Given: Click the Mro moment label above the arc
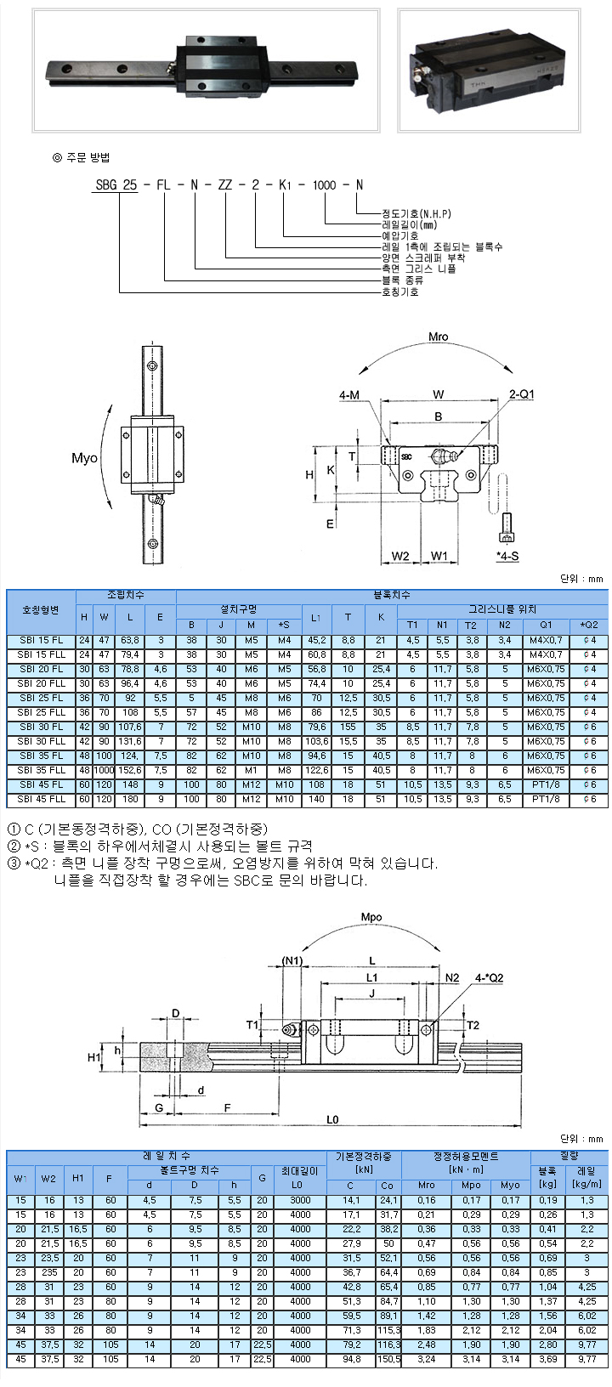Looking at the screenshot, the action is click(x=438, y=337).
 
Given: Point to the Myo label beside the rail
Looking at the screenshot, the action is click(x=84, y=458).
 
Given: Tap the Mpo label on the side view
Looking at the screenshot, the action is click(x=371, y=917).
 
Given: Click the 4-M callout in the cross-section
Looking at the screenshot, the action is click(x=349, y=395).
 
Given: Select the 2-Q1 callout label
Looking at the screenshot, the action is click(x=522, y=394).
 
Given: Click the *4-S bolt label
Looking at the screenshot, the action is click(x=507, y=556).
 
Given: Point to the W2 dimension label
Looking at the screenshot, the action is click(x=400, y=556).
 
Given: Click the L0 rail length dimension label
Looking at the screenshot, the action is click(x=332, y=1119).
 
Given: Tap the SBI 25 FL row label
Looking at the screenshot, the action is click(x=41, y=699).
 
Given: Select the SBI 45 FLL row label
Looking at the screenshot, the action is click(x=41, y=800).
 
